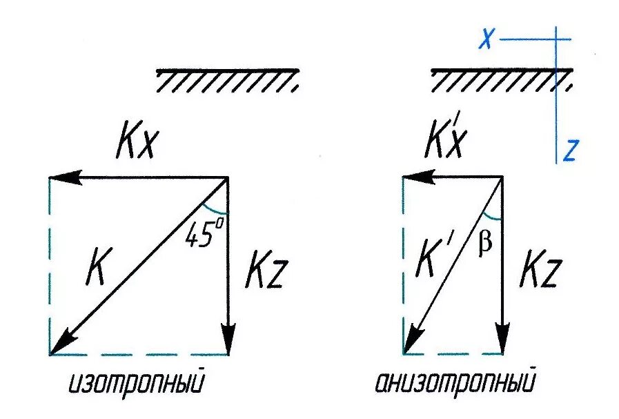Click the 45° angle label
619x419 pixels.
click(202, 235)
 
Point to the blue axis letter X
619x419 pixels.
click(487, 40)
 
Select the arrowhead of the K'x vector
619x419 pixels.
click(412, 178)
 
